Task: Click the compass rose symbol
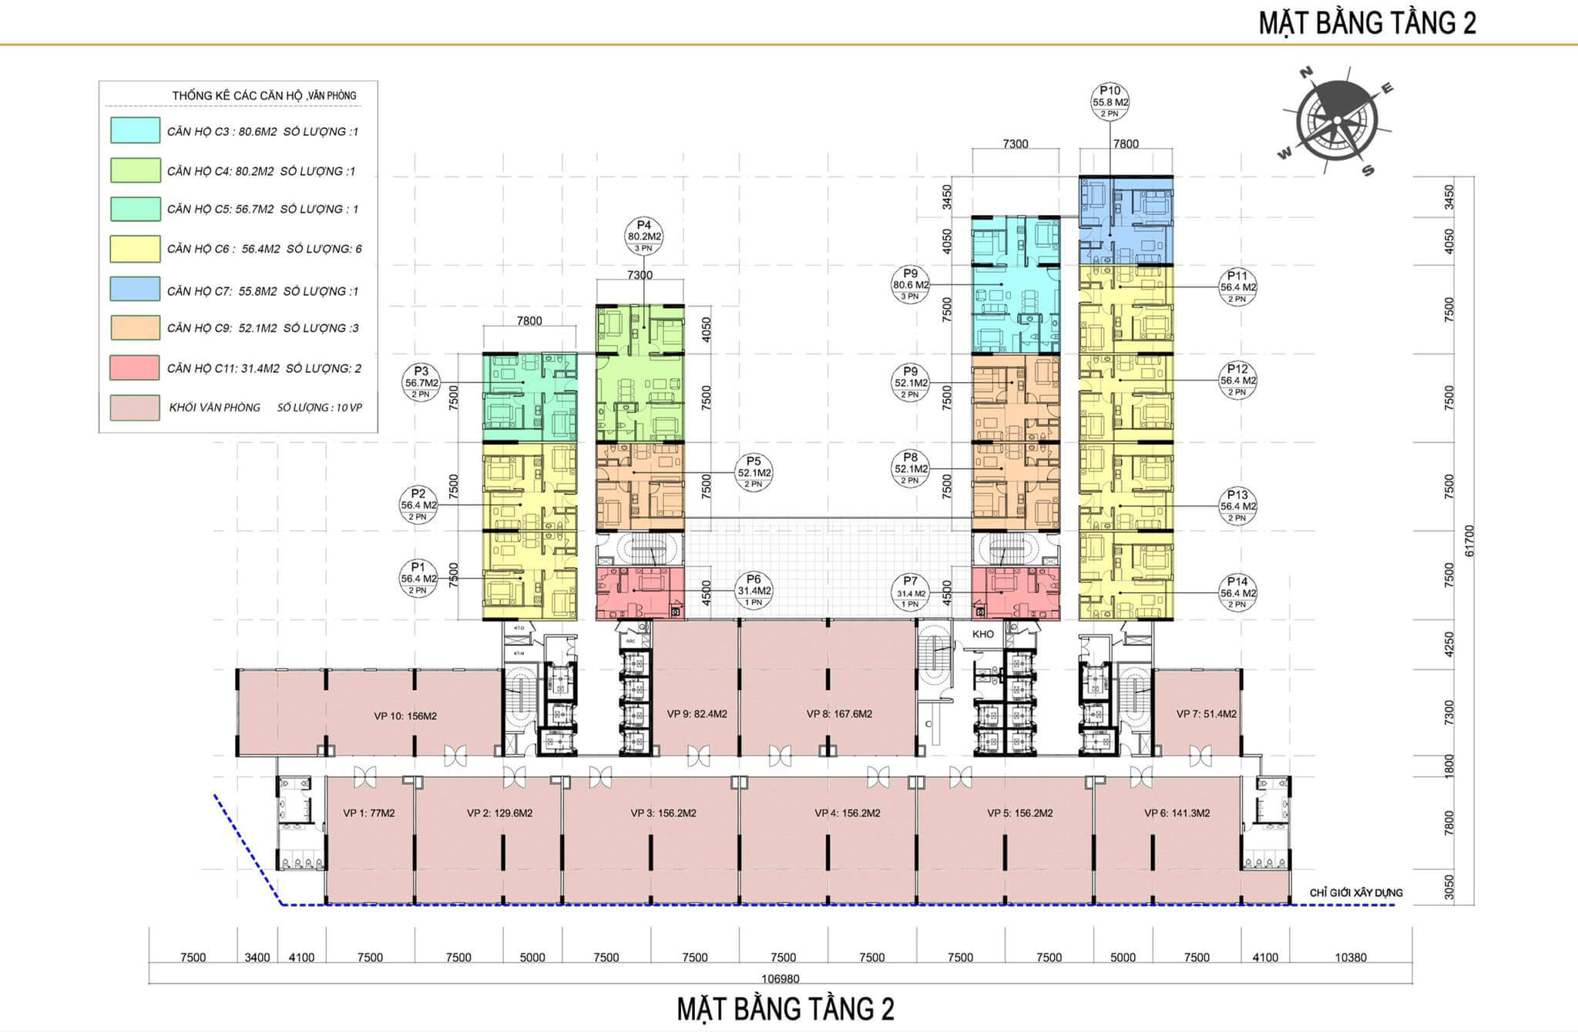click(x=1337, y=122)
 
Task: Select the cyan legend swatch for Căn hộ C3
click(x=135, y=130)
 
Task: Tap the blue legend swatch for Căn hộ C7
click(x=135, y=290)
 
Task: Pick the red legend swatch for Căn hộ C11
click(x=135, y=367)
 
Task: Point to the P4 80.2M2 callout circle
click(x=644, y=236)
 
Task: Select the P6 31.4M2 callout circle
click(x=754, y=591)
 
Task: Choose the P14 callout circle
click(x=1237, y=593)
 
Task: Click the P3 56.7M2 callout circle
click(x=421, y=383)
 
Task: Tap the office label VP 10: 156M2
click(x=405, y=716)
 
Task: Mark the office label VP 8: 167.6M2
click(x=839, y=714)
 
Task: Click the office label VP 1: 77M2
click(x=369, y=813)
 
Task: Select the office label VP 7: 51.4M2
click(x=1206, y=714)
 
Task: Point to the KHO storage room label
click(x=983, y=634)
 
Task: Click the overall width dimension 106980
click(x=780, y=979)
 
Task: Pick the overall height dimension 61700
click(x=1469, y=541)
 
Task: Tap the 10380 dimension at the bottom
click(x=1350, y=957)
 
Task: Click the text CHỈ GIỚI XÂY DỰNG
click(x=1356, y=893)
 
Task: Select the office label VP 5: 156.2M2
click(x=1019, y=813)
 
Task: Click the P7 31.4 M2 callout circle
click(x=911, y=594)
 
